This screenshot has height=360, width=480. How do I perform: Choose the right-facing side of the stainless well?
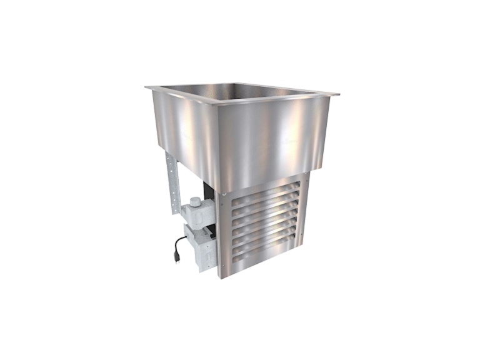pos(275,137)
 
